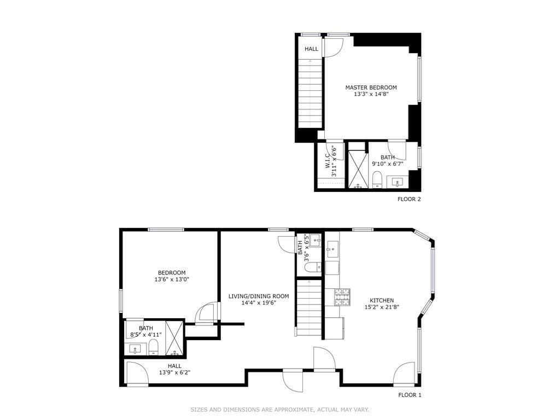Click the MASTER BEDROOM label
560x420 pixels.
click(x=371, y=87)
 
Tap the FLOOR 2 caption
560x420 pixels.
click(x=409, y=199)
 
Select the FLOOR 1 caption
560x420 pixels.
click(x=410, y=395)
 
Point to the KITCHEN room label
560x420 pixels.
click(x=381, y=301)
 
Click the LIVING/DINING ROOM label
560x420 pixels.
click(x=259, y=296)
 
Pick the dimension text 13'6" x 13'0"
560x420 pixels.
click(x=171, y=279)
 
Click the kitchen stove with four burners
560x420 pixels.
click(x=342, y=297)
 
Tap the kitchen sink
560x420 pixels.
click(x=332, y=249)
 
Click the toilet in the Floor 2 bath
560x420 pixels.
click(x=377, y=179)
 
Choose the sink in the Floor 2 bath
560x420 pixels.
click(x=397, y=182)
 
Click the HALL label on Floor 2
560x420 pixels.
click(x=311, y=49)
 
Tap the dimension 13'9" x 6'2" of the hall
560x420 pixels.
click(x=174, y=372)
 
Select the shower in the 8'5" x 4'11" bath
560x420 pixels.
click(x=174, y=339)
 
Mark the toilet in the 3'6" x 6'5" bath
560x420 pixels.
click(x=314, y=266)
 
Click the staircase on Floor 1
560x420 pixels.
click(x=310, y=308)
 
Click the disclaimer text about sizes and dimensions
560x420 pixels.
click(x=279, y=410)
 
